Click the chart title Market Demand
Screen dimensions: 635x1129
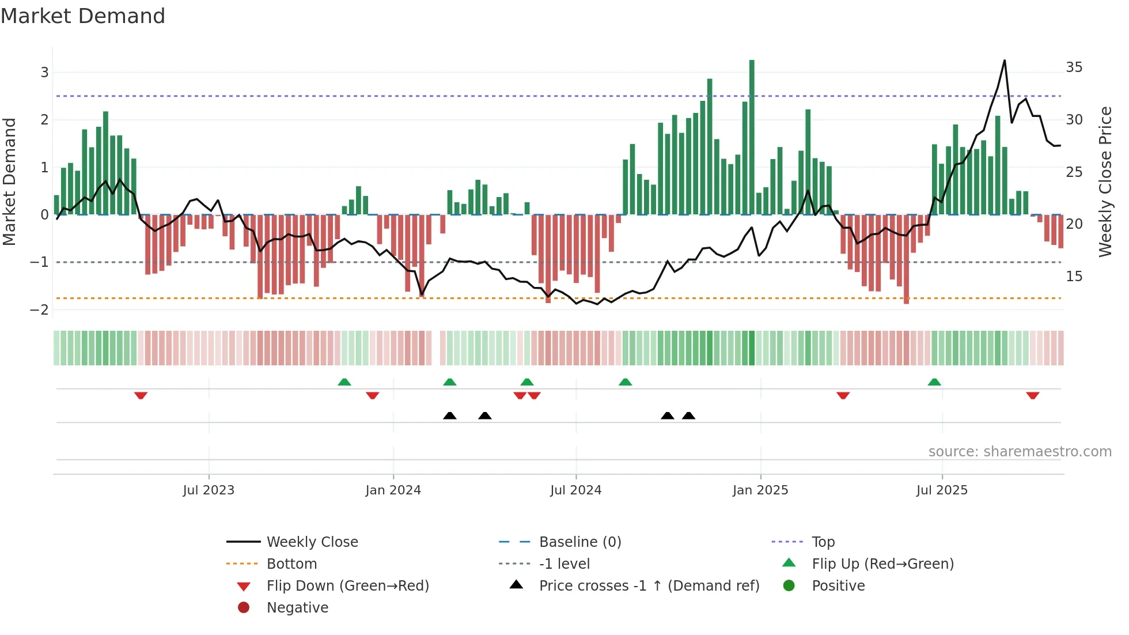coord(83,16)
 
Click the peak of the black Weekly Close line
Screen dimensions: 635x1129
coord(1005,61)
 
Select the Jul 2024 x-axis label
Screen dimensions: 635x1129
coord(575,490)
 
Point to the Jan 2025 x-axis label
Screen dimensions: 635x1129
coord(760,490)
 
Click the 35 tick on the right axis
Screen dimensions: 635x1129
coord(1074,67)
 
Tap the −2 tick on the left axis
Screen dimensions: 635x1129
coord(39,310)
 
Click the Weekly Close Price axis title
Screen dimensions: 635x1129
coord(1105,182)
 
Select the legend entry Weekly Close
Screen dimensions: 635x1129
coord(312,542)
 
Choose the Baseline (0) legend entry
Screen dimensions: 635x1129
coord(579,542)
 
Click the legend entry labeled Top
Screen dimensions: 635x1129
coord(823,542)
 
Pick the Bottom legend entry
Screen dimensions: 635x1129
coord(291,564)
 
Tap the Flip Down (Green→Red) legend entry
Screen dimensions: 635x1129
coord(347,586)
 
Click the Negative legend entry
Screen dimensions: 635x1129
coord(297,608)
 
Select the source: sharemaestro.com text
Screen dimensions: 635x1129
coord(1020,452)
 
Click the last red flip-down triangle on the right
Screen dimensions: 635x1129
coord(1032,395)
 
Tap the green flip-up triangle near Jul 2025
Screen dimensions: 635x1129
coord(934,382)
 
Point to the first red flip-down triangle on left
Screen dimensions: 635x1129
coord(141,395)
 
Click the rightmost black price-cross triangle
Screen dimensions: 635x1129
coord(688,415)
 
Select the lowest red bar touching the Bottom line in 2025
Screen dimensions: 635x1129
coord(906,259)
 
